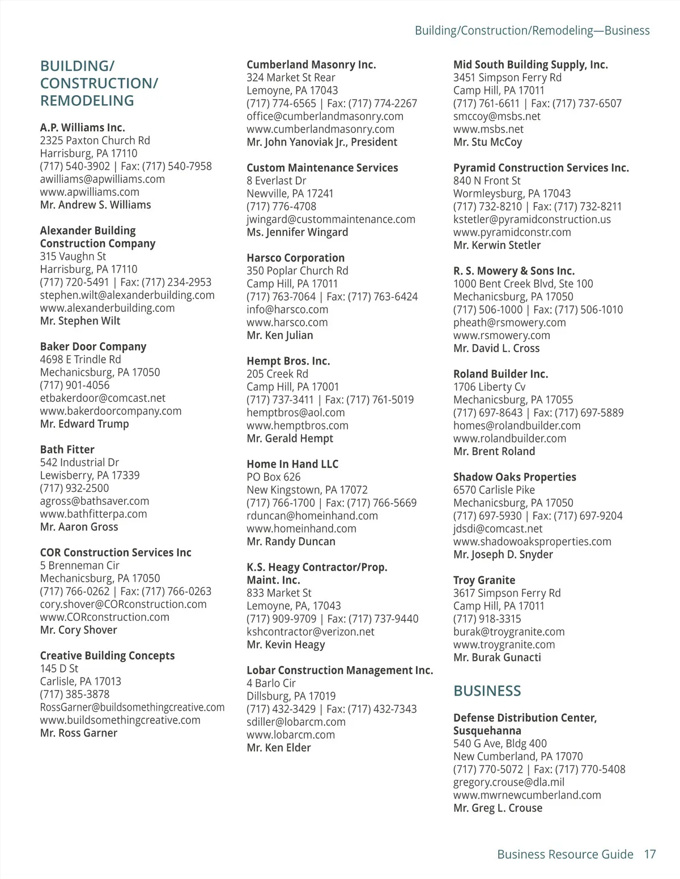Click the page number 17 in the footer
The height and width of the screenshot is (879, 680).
pos(649,854)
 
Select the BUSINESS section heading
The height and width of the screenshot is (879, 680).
pos(487,691)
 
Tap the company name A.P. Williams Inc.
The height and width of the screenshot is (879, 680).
pos(82,127)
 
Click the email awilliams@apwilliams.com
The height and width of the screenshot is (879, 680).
pos(102,179)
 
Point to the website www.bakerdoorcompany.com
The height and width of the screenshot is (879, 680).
pos(110,411)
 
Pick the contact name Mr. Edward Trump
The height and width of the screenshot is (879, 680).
pos(84,424)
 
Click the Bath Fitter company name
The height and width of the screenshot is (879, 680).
pos(67,449)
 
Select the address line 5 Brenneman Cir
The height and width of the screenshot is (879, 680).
pos(79,565)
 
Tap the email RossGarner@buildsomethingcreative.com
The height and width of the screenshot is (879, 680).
pos(132,707)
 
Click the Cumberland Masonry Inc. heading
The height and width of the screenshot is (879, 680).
pos(311,65)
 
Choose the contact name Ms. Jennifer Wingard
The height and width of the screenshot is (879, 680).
pos(297,232)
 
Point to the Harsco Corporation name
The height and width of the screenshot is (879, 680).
pos(295,258)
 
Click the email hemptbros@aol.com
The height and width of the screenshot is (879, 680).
pos(295,413)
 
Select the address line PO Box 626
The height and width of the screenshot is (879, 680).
pos(273,477)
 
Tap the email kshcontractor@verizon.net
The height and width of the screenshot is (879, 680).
pos(310,632)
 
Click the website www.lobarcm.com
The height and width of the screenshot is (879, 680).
pos(290,735)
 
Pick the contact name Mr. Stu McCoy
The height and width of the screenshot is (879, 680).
pos(487,142)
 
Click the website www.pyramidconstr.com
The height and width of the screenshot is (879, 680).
pos(512,232)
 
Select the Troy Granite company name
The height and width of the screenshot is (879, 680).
pos(484,580)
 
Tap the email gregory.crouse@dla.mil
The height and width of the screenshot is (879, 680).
pos(508,782)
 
